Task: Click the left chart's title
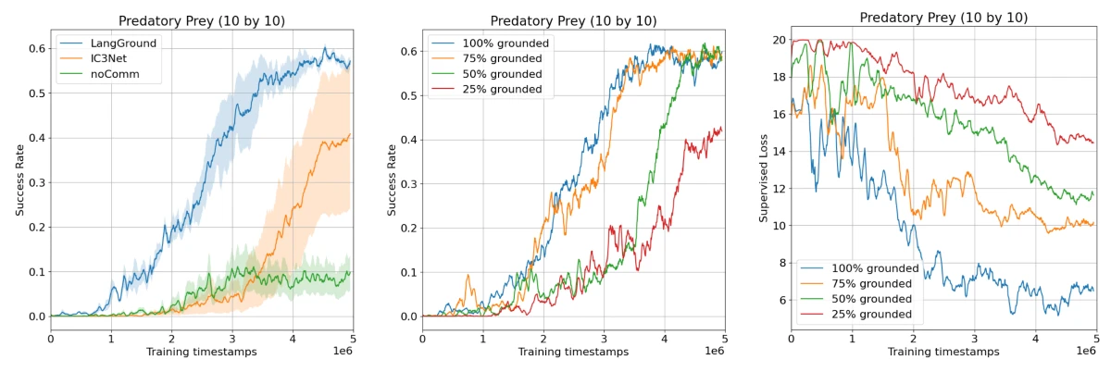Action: tap(202, 20)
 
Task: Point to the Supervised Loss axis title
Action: tap(765, 175)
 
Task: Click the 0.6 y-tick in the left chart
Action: tap(37, 49)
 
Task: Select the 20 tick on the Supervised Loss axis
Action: tap(778, 40)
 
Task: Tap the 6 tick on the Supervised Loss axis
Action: tap(780, 300)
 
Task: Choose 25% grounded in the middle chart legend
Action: tap(499, 89)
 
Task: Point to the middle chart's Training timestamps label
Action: tap(573, 353)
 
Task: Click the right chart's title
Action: tap(942, 18)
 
